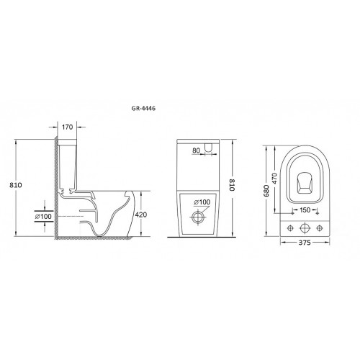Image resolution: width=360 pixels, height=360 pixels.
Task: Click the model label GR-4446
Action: (143, 108)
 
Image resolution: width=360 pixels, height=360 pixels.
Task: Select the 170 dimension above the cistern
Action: (67, 127)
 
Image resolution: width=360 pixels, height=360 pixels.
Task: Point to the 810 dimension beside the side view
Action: (16, 185)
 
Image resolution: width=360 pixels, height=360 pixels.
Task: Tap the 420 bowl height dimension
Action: (141, 215)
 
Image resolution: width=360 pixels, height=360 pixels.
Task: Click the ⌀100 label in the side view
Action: (43, 216)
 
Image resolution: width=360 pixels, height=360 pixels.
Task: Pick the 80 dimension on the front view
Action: (196, 150)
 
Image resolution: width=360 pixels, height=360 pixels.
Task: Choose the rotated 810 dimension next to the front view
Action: (231, 184)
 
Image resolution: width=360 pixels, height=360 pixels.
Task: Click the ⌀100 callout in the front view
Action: (202, 202)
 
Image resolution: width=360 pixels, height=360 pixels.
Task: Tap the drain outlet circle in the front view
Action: (198, 217)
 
